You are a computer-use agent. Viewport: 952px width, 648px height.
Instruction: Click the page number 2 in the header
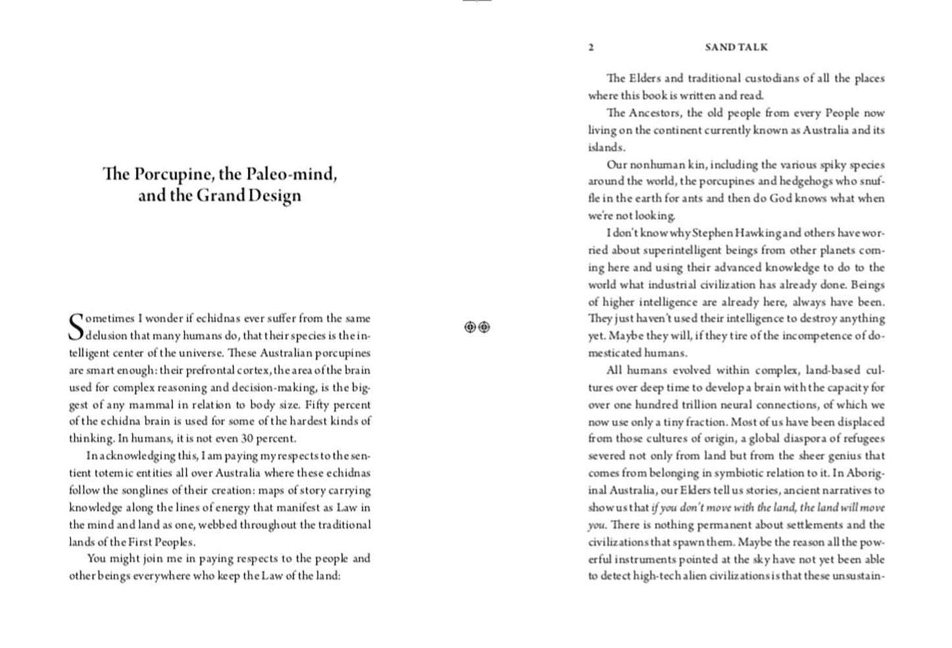[591, 47]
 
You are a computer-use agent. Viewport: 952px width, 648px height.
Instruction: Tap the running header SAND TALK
[736, 47]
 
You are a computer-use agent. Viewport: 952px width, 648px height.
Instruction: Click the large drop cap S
[76, 327]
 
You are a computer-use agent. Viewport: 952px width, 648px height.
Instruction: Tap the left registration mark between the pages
[470, 327]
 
